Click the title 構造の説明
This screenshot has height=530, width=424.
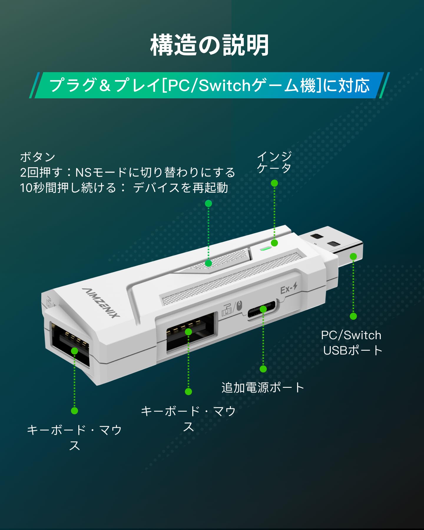click(210, 45)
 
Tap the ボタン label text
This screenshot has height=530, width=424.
click(38, 157)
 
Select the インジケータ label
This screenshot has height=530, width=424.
click(274, 162)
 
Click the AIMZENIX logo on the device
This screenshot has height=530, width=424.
click(101, 303)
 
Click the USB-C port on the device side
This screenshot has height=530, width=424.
click(261, 309)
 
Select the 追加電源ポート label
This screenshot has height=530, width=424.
click(263, 387)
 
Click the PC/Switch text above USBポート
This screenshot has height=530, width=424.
click(351, 335)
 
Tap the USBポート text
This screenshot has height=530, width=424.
click(353, 350)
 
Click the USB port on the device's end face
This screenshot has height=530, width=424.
click(71, 344)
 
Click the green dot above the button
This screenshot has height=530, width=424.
click(208, 203)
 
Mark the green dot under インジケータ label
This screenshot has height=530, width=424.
click(274, 183)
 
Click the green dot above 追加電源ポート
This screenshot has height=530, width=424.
click(263, 369)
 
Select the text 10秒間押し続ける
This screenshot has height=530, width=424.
click(68, 188)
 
